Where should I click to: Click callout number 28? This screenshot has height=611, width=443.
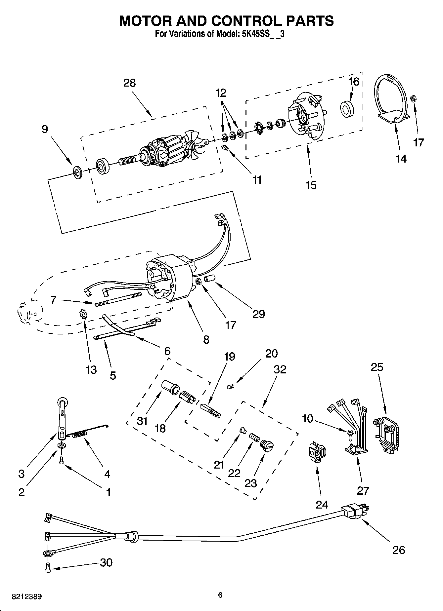(129, 83)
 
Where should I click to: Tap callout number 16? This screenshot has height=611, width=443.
(354, 81)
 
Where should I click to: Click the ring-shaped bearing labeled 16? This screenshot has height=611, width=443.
(347, 108)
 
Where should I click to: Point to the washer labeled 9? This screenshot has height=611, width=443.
(78, 172)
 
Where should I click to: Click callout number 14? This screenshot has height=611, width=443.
(401, 159)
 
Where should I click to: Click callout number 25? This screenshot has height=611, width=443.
(377, 367)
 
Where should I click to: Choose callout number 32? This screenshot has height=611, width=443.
(280, 369)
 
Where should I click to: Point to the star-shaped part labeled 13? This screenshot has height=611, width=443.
(83, 313)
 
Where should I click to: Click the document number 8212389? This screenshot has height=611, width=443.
(26, 596)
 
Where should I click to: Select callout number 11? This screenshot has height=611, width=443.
(257, 180)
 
